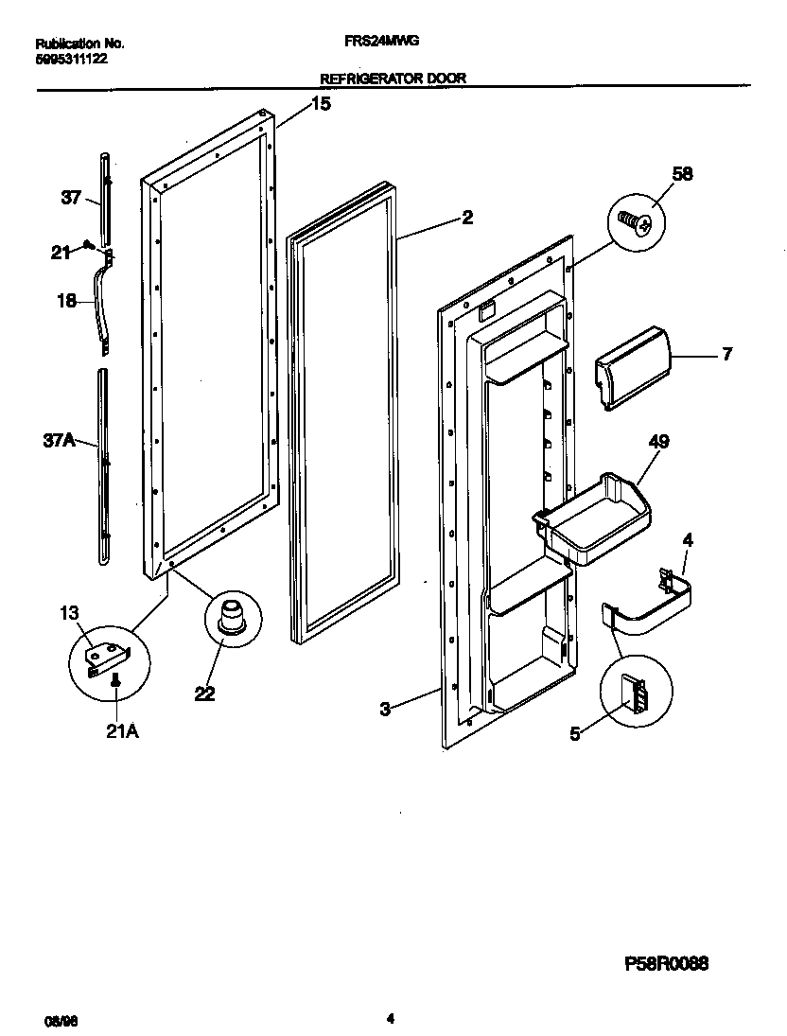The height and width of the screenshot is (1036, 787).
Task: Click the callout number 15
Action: coord(321,104)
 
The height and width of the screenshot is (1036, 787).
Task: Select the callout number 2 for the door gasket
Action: coord(467,218)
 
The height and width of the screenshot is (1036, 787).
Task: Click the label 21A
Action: coord(121,732)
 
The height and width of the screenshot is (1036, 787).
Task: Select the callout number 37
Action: coord(72,197)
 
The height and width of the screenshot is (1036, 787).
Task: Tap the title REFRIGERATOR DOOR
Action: coord(393,79)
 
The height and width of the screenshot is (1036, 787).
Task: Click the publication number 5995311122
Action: coord(72,58)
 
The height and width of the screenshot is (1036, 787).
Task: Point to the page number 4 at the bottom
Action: coord(390,1019)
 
